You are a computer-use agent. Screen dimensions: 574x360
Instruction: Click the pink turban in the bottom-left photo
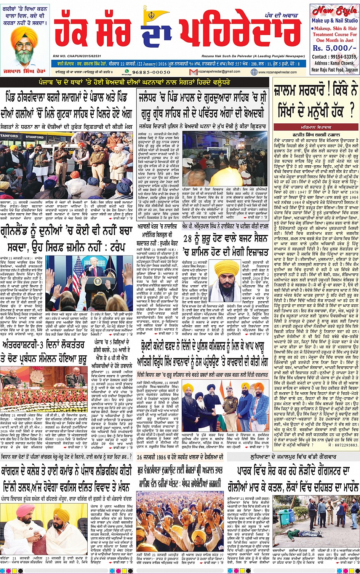[x=24, y=510]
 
